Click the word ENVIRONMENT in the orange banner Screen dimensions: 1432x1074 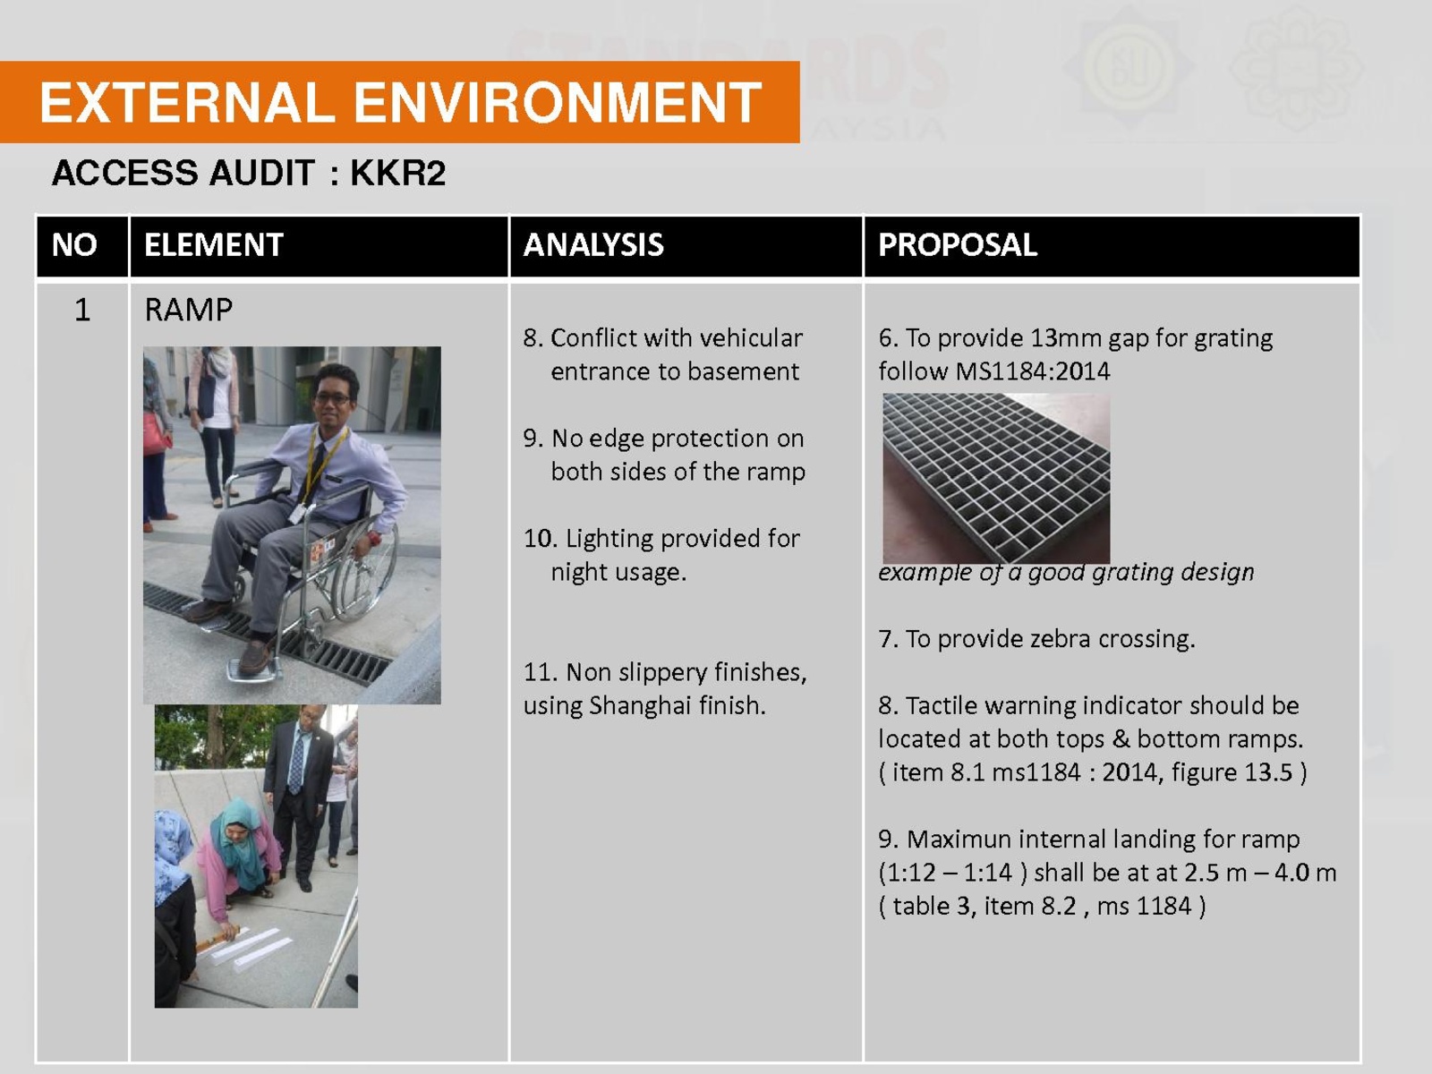558,102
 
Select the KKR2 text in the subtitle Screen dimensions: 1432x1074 398,173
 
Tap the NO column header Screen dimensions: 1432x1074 74,245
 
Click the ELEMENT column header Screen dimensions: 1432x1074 213,245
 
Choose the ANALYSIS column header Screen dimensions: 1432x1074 593,245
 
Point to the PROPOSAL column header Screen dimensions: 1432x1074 957,245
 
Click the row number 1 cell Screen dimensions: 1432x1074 82,310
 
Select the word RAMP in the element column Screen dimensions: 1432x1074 188,310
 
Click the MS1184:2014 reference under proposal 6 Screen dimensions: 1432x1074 1032,371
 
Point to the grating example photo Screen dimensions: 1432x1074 996,478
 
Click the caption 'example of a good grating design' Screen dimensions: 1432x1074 1066,573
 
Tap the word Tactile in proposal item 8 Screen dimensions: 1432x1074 946,705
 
